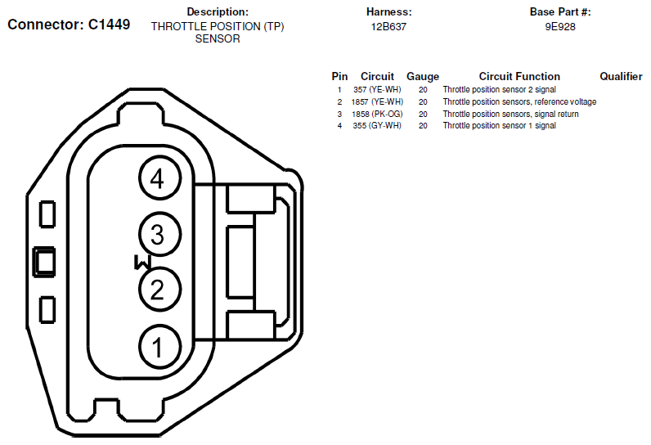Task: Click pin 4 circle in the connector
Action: click(x=159, y=178)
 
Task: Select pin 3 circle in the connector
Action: click(x=159, y=234)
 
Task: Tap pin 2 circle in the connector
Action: click(x=159, y=290)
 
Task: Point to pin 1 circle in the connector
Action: click(x=159, y=347)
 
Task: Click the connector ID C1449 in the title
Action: click(x=110, y=25)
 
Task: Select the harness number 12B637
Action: click(x=388, y=27)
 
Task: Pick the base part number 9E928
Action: click(x=560, y=27)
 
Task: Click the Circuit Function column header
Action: click(x=519, y=76)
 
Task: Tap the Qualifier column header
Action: click(x=621, y=76)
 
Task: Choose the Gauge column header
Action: click(x=423, y=77)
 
